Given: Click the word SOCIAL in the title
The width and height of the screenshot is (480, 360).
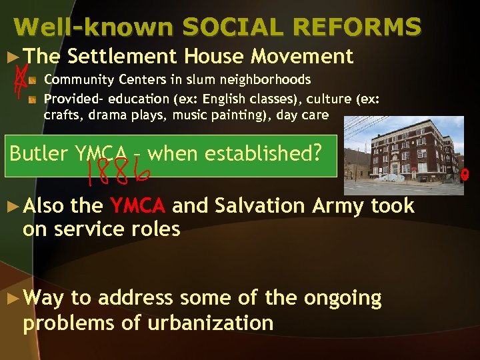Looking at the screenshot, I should tap(223, 27).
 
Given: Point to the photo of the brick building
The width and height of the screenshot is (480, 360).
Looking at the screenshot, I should tap(400, 155).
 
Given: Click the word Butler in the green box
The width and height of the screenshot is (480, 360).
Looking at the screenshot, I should tap(38, 153).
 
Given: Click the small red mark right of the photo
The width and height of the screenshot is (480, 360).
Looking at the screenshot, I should tap(473, 175).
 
